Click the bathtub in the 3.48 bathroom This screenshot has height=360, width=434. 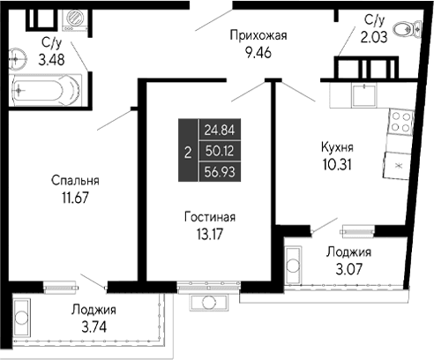pos(46,88)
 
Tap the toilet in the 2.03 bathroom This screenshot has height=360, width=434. pos(408,30)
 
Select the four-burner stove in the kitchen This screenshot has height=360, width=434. pos(400,120)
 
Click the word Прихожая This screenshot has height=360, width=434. pos(258,35)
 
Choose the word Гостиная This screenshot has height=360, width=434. pos(209,217)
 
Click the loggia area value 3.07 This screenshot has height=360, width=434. pos(348,267)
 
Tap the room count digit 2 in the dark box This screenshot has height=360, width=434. pos(187,151)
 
